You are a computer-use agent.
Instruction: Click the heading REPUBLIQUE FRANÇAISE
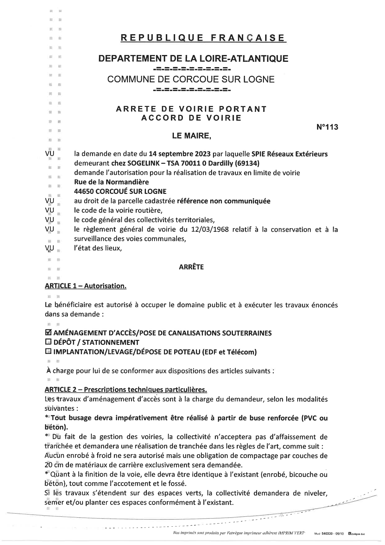click(x=203, y=38)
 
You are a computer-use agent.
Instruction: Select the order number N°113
click(x=327, y=127)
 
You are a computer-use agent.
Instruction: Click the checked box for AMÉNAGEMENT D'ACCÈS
click(x=48, y=333)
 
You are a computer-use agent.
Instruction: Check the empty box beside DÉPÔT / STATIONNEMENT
click(x=48, y=342)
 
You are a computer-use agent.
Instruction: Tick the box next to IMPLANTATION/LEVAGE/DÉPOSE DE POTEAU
click(x=48, y=352)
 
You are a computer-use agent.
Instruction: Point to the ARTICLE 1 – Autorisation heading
click(x=85, y=286)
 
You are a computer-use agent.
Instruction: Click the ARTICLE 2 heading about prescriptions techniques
click(x=126, y=389)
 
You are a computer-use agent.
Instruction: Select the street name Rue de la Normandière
click(x=111, y=182)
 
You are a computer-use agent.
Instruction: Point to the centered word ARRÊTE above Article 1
click(x=191, y=267)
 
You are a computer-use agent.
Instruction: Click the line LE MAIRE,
click(x=192, y=136)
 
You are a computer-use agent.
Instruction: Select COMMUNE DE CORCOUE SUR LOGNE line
click(x=191, y=80)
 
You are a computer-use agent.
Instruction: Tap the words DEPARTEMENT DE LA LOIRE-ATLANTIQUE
click(x=193, y=58)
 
